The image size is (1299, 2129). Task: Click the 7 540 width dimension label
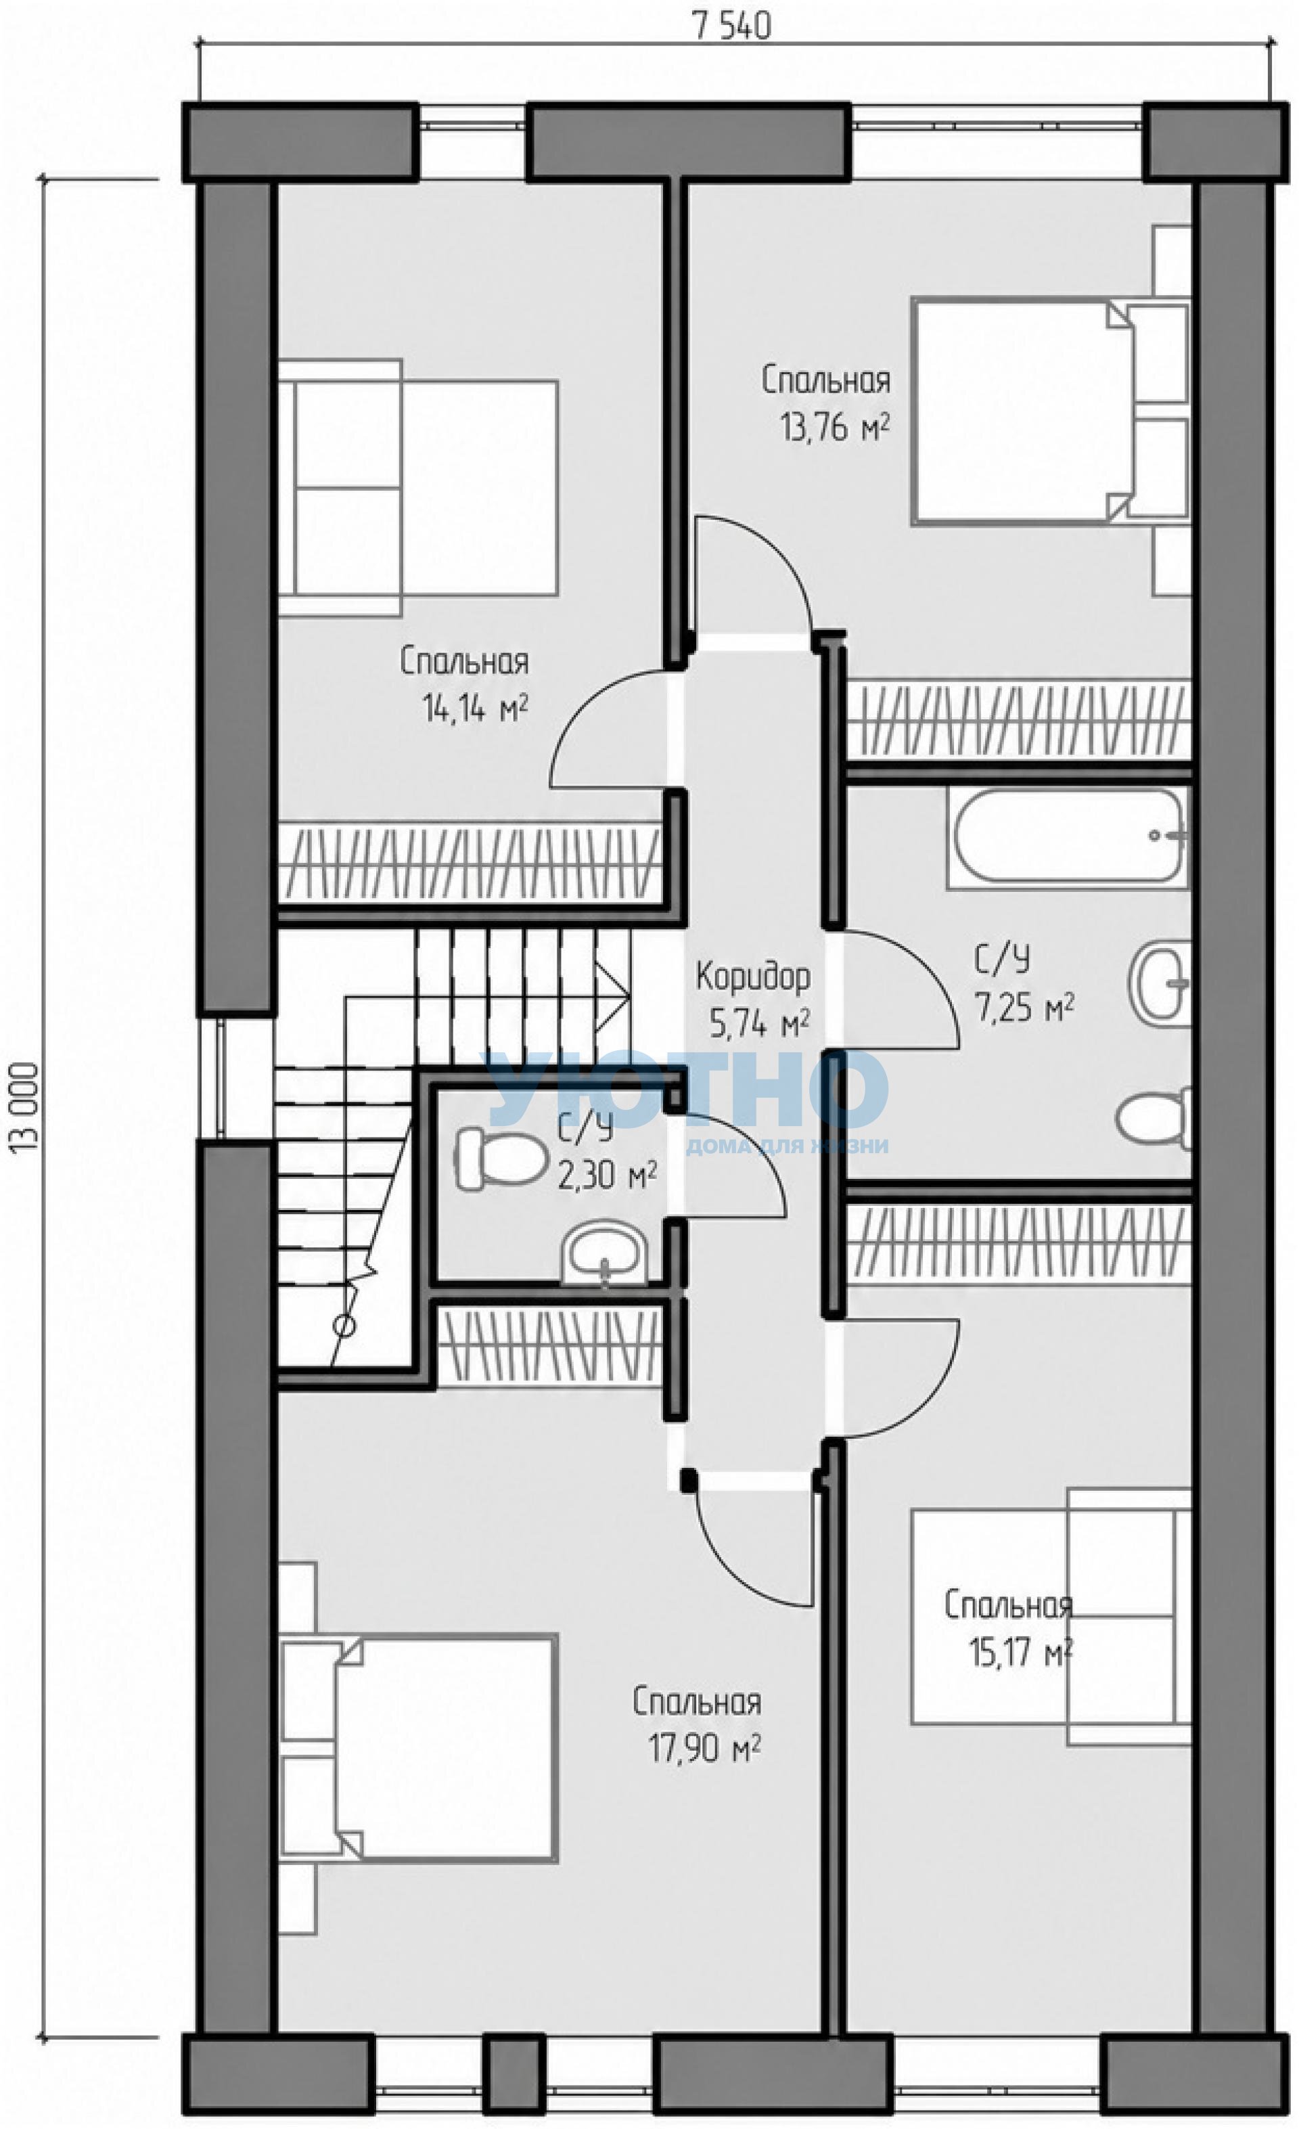pyautogui.click(x=731, y=27)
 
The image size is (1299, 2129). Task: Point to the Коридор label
pyautogui.click(x=753, y=977)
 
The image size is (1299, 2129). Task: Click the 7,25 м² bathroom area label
pyautogui.click(x=1024, y=1006)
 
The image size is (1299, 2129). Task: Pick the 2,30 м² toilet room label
pyautogui.click(x=606, y=1175)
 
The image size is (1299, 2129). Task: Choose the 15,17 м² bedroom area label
pyautogui.click(x=1020, y=1654)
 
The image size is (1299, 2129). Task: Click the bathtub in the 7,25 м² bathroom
pyautogui.click(x=1068, y=837)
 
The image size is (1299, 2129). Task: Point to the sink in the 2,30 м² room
pyautogui.click(x=605, y=1255)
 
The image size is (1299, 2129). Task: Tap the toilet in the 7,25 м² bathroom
pyautogui.click(x=1154, y=1118)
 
